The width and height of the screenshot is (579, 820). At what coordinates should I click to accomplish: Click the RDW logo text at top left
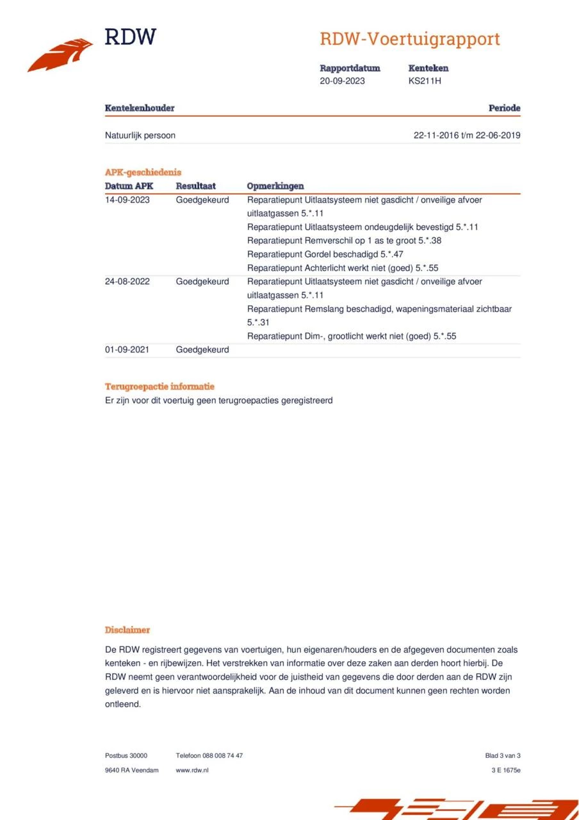(x=130, y=37)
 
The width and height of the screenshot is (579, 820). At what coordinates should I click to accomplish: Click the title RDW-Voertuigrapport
(x=410, y=39)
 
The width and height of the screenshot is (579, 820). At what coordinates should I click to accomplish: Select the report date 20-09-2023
(x=342, y=81)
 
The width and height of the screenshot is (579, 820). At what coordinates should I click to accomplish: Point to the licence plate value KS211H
(x=425, y=81)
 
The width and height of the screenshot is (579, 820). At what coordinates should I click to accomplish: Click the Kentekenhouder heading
(x=140, y=108)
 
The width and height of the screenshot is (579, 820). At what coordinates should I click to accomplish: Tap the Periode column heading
(x=504, y=108)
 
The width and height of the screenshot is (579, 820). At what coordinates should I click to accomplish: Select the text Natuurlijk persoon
(x=140, y=135)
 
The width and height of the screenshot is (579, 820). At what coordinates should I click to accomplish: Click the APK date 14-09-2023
(x=127, y=200)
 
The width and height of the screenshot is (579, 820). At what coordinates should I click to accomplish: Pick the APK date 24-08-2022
(x=127, y=281)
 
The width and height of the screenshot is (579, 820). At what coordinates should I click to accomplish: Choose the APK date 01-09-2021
(x=127, y=350)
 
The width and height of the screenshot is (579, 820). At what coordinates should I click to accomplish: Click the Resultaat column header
(x=196, y=186)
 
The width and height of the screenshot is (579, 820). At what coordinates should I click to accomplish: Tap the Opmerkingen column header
(x=275, y=186)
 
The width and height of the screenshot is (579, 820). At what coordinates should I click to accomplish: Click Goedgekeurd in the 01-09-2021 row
(x=202, y=350)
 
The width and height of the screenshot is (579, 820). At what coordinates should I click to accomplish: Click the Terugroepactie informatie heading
(x=159, y=387)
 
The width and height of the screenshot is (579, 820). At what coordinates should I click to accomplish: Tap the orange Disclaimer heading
(x=127, y=630)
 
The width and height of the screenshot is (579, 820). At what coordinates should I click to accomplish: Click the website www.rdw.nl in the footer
(x=192, y=770)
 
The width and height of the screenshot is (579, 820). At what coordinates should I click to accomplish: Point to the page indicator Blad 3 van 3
(x=503, y=756)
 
